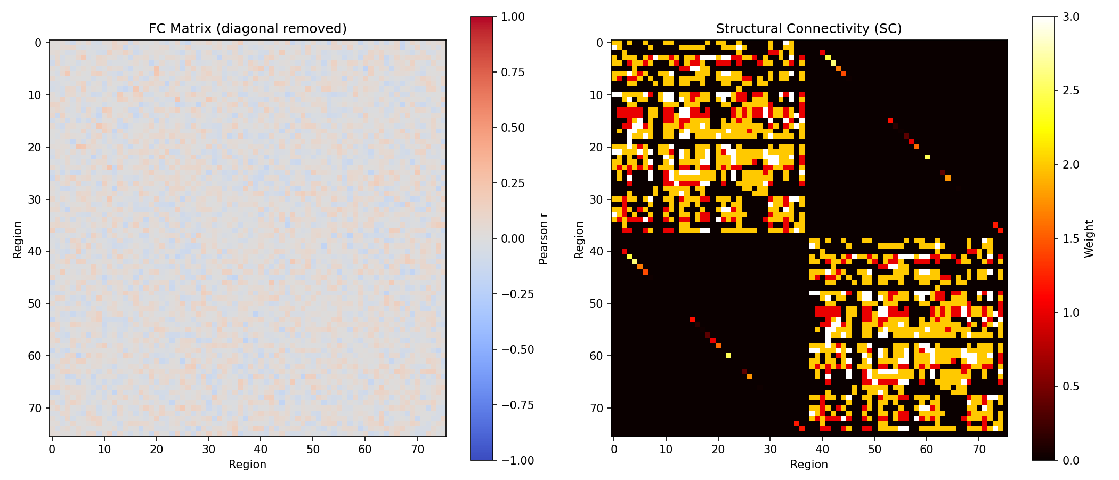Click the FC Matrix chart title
coord(248,29)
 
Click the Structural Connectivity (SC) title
coord(809,29)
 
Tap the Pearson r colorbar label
coord(544,238)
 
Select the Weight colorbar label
coord(1089,238)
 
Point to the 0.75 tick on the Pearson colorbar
coord(513,73)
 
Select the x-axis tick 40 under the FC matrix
coord(261,450)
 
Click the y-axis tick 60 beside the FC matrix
coord(34,356)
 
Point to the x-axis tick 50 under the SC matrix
coord(874,450)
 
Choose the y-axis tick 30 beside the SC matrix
coord(596,199)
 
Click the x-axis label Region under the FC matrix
coord(248,465)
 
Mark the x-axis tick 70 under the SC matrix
coord(979,450)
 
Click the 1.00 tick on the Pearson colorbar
coord(513,17)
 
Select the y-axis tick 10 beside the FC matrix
coord(34,95)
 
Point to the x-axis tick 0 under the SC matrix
coord(614,450)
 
